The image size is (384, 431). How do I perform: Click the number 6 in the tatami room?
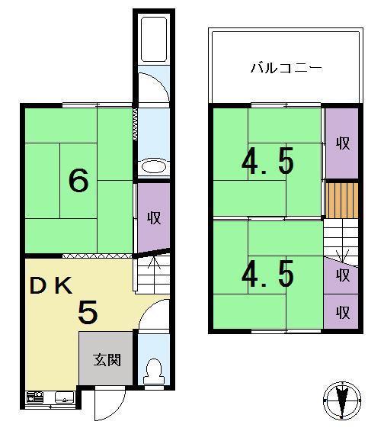(79, 181)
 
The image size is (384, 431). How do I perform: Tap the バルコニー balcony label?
(286, 69)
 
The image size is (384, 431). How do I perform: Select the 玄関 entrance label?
(107, 359)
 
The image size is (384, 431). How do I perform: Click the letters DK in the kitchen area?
(51, 286)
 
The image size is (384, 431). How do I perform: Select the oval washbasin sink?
(152, 166)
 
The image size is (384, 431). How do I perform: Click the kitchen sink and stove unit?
(50, 397)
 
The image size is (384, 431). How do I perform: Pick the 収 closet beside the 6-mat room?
(153, 217)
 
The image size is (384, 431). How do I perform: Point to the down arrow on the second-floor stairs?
(341, 252)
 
